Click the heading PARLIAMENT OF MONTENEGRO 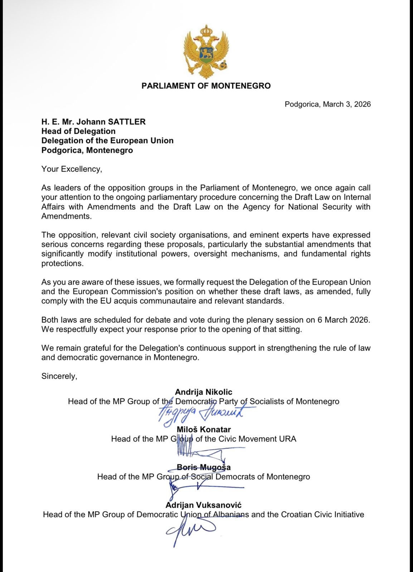pos(206,86)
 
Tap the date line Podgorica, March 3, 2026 pos(327,104)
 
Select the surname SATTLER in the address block pos(127,122)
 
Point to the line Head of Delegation pos(78,131)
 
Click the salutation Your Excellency pos(72,169)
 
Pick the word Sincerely pos(59,376)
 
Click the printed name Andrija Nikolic pos(203,392)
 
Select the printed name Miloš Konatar pos(204,430)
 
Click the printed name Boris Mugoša pos(204,468)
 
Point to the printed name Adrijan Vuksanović pos(203,505)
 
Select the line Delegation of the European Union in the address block pos(107,140)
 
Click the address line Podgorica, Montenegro pos(87,150)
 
